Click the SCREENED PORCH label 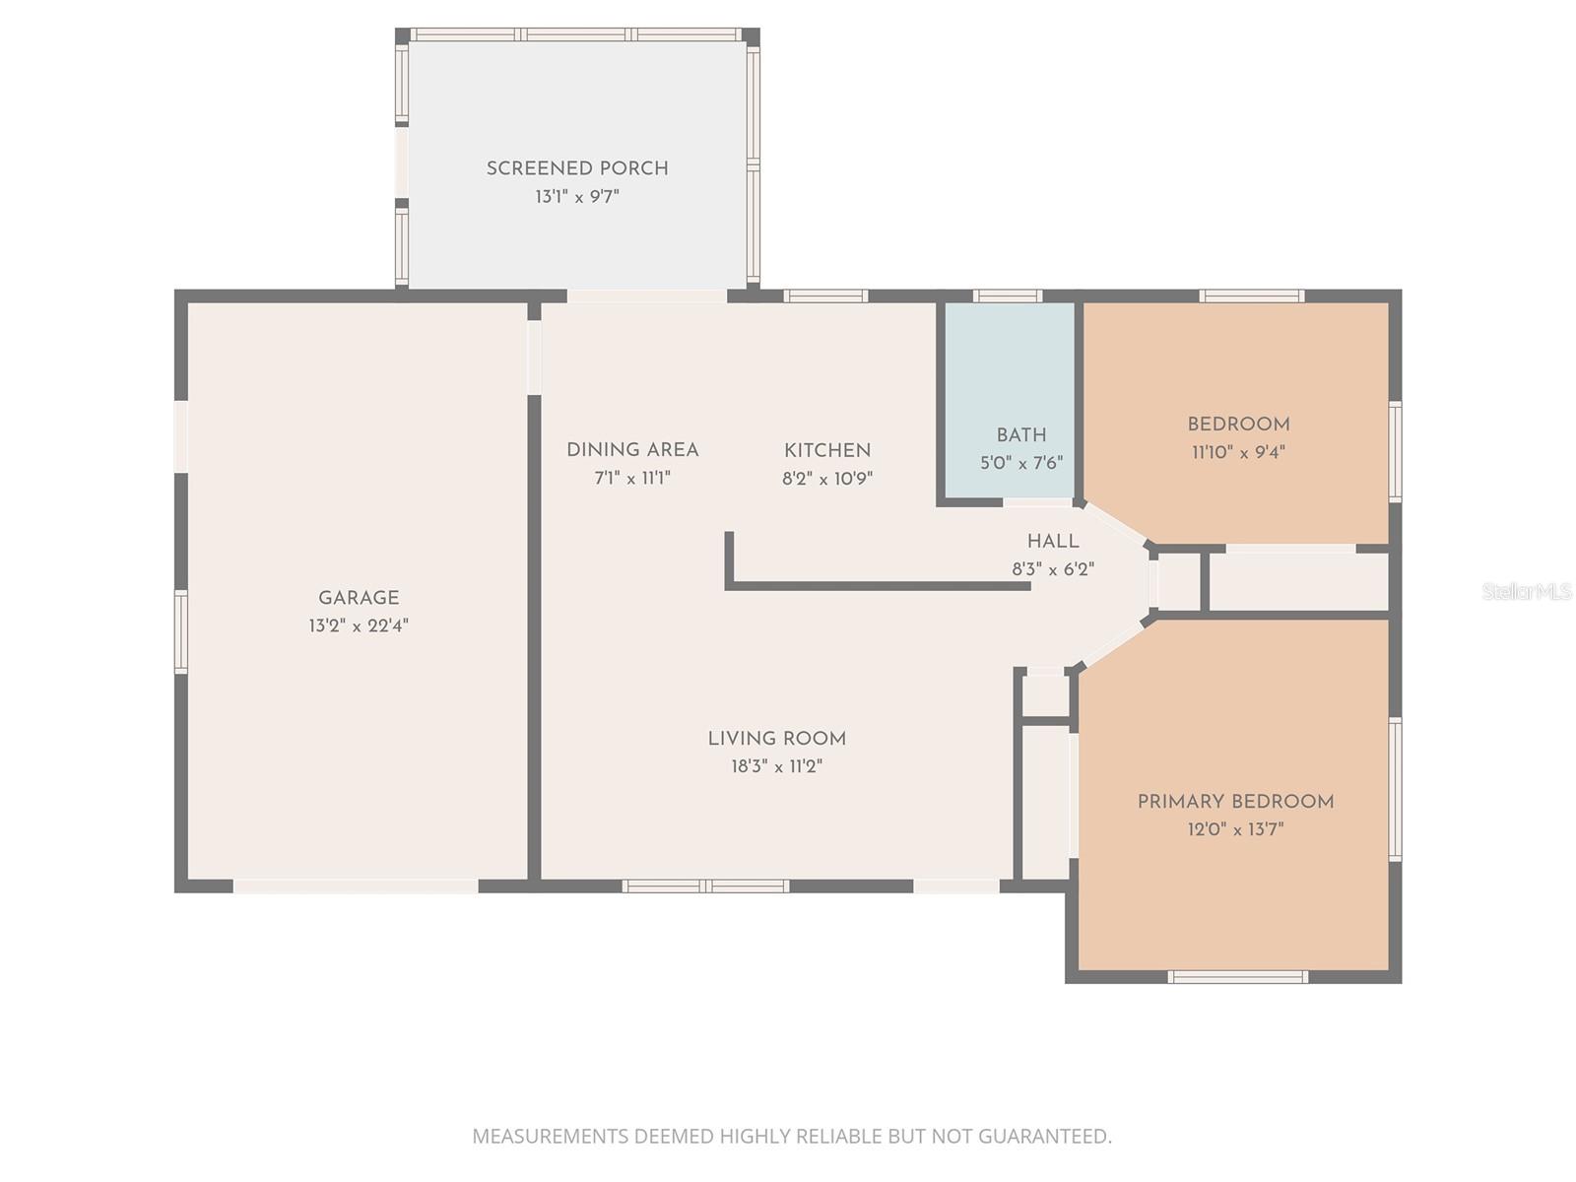[x=577, y=168]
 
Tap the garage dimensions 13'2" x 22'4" [x=359, y=625]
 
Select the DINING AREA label [x=632, y=450]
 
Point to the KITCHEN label [x=827, y=450]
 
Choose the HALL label [x=1053, y=541]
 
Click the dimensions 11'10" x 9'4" [x=1238, y=452]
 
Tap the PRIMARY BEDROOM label [x=1235, y=802]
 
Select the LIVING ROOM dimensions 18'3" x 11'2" [x=776, y=766]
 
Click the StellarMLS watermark [x=1527, y=591]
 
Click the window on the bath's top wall [x=1007, y=295]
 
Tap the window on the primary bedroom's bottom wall [x=1238, y=977]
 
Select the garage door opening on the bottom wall [x=356, y=886]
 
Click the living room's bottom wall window [x=705, y=886]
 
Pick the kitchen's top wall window [x=825, y=295]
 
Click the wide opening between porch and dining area [x=647, y=295]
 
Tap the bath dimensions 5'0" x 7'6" [x=1021, y=463]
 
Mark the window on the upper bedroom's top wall [x=1252, y=295]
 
